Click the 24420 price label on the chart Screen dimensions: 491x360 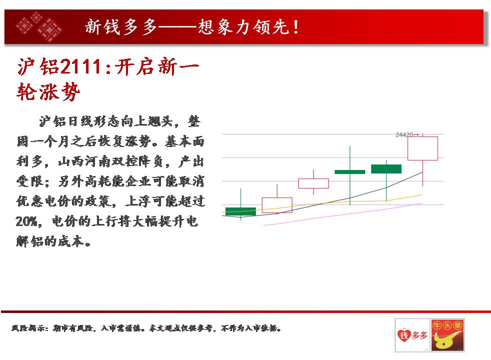404,135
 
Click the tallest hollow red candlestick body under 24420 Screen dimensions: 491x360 422,148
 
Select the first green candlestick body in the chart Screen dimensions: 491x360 240,211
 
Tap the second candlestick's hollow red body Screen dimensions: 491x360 277,205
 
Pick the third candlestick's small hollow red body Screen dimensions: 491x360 313,183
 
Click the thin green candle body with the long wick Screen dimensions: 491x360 350,172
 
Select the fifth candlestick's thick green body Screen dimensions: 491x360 386,168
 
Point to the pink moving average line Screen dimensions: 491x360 342,214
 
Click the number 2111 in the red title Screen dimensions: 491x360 81,66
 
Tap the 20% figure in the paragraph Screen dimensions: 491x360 27,221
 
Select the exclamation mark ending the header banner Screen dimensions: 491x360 296,27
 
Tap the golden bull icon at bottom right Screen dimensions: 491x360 446,341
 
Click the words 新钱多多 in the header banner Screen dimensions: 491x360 121,27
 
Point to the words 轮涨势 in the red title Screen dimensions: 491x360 48,92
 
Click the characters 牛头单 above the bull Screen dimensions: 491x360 447,325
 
